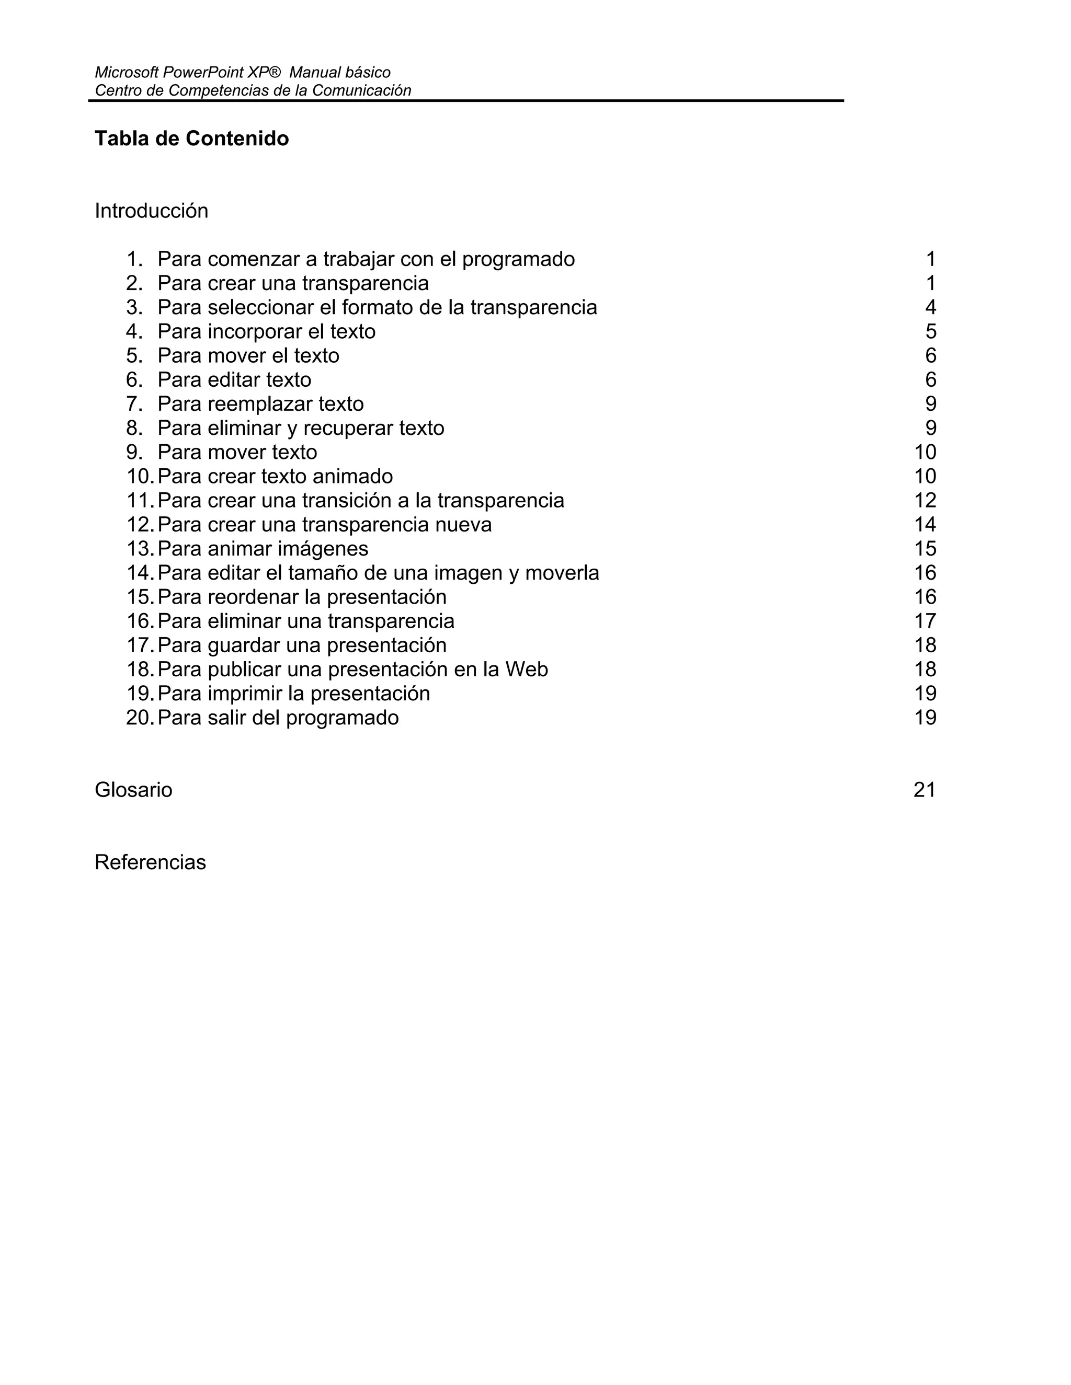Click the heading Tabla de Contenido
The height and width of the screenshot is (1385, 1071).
191,138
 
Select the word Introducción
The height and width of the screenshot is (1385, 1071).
151,211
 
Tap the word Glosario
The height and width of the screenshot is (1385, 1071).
133,790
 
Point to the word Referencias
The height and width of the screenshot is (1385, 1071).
151,862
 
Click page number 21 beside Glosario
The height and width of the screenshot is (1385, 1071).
925,790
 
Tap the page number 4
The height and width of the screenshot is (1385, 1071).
930,307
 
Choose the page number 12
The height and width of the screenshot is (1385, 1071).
925,500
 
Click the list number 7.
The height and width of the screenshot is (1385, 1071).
134,404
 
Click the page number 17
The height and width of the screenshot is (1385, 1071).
925,621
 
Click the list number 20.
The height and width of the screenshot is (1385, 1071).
140,717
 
